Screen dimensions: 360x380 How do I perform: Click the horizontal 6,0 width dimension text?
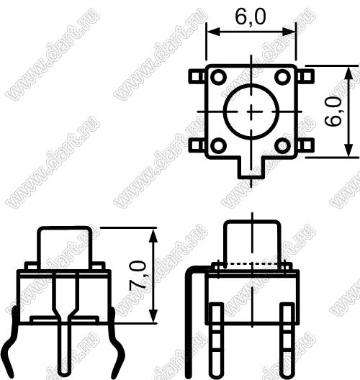[x=251, y=17]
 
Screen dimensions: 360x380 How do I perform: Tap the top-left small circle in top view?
[x=218, y=77]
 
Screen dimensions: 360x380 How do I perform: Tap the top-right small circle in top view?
[x=282, y=77]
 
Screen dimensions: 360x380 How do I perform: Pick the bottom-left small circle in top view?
[x=218, y=145]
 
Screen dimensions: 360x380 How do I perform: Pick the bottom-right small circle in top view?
[x=282, y=145]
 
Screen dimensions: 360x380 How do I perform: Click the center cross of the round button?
[x=251, y=112]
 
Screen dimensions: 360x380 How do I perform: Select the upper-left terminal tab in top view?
[x=197, y=76]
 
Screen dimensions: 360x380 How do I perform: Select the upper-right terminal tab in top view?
[x=305, y=76]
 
